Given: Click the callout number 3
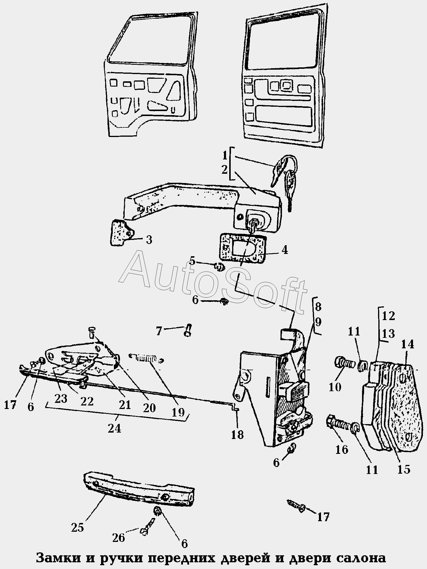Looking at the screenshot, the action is point(149,240).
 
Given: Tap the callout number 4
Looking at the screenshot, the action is point(284,250).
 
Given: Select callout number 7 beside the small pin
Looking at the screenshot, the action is point(159,331).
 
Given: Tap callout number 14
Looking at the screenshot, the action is point(407,345).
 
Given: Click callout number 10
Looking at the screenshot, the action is point(335,387).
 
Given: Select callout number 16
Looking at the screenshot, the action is point(342,449).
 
